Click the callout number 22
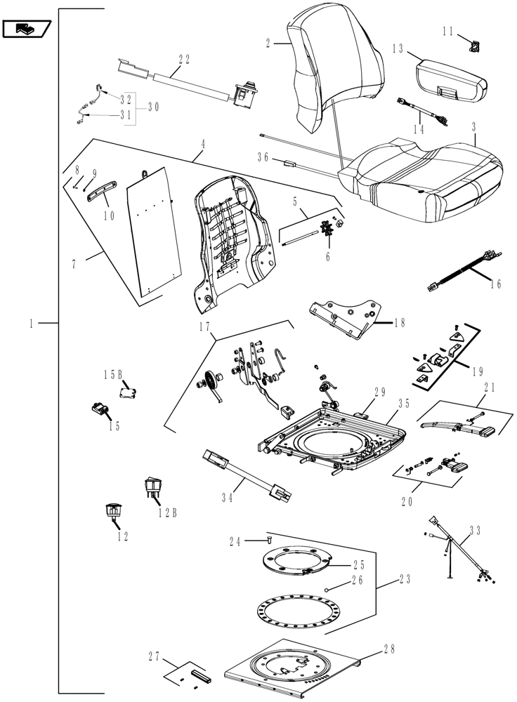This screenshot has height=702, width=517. coord(184,60)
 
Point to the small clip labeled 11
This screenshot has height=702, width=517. coord(476,46)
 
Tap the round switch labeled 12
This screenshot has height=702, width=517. coord(113,512)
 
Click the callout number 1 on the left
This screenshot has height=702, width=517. coord(32,324)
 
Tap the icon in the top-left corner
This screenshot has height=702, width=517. coord(26,29)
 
